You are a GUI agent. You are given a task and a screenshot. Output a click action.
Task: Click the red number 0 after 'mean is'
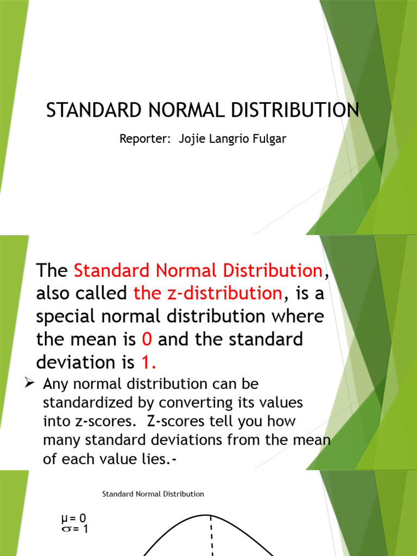tap(146, 340)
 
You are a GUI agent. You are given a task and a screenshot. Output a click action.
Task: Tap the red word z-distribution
tap(208, 294)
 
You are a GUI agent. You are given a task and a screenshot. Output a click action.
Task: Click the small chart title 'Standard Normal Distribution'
tap(153, 494)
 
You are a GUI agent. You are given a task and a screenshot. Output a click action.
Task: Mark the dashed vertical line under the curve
tap(211, 538)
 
